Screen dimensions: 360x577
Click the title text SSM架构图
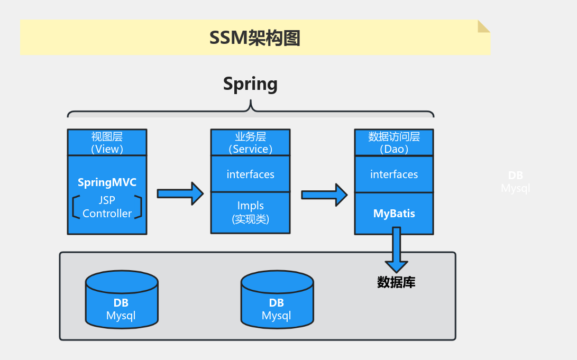pos(254,38)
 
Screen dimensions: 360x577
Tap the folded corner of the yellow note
pos(483,26)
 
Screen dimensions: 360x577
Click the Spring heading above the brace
pos(250,84)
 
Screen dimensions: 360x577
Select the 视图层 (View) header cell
pos(107,143)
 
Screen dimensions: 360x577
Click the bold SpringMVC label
pos(107,182)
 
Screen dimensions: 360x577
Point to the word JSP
pos(107,200)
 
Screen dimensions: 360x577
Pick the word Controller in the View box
pos(107,214)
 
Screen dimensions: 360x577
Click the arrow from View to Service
pos(180,193)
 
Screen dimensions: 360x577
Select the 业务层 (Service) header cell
pos(250,143)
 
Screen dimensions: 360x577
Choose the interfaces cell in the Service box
pos(250,174)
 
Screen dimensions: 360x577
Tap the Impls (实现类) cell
pos(250,212)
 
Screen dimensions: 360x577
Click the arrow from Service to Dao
pos(324,195)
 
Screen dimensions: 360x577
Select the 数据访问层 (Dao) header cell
pos(394,143)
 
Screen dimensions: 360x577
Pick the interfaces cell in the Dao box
pos(394,174)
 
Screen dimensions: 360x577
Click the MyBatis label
pos(394,214)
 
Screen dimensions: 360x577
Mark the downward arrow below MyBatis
pos(396,251)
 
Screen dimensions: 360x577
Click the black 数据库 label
pos(396,282)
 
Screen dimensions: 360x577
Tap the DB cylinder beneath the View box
pos(121,304)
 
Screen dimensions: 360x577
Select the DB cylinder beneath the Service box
pos(277,304)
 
